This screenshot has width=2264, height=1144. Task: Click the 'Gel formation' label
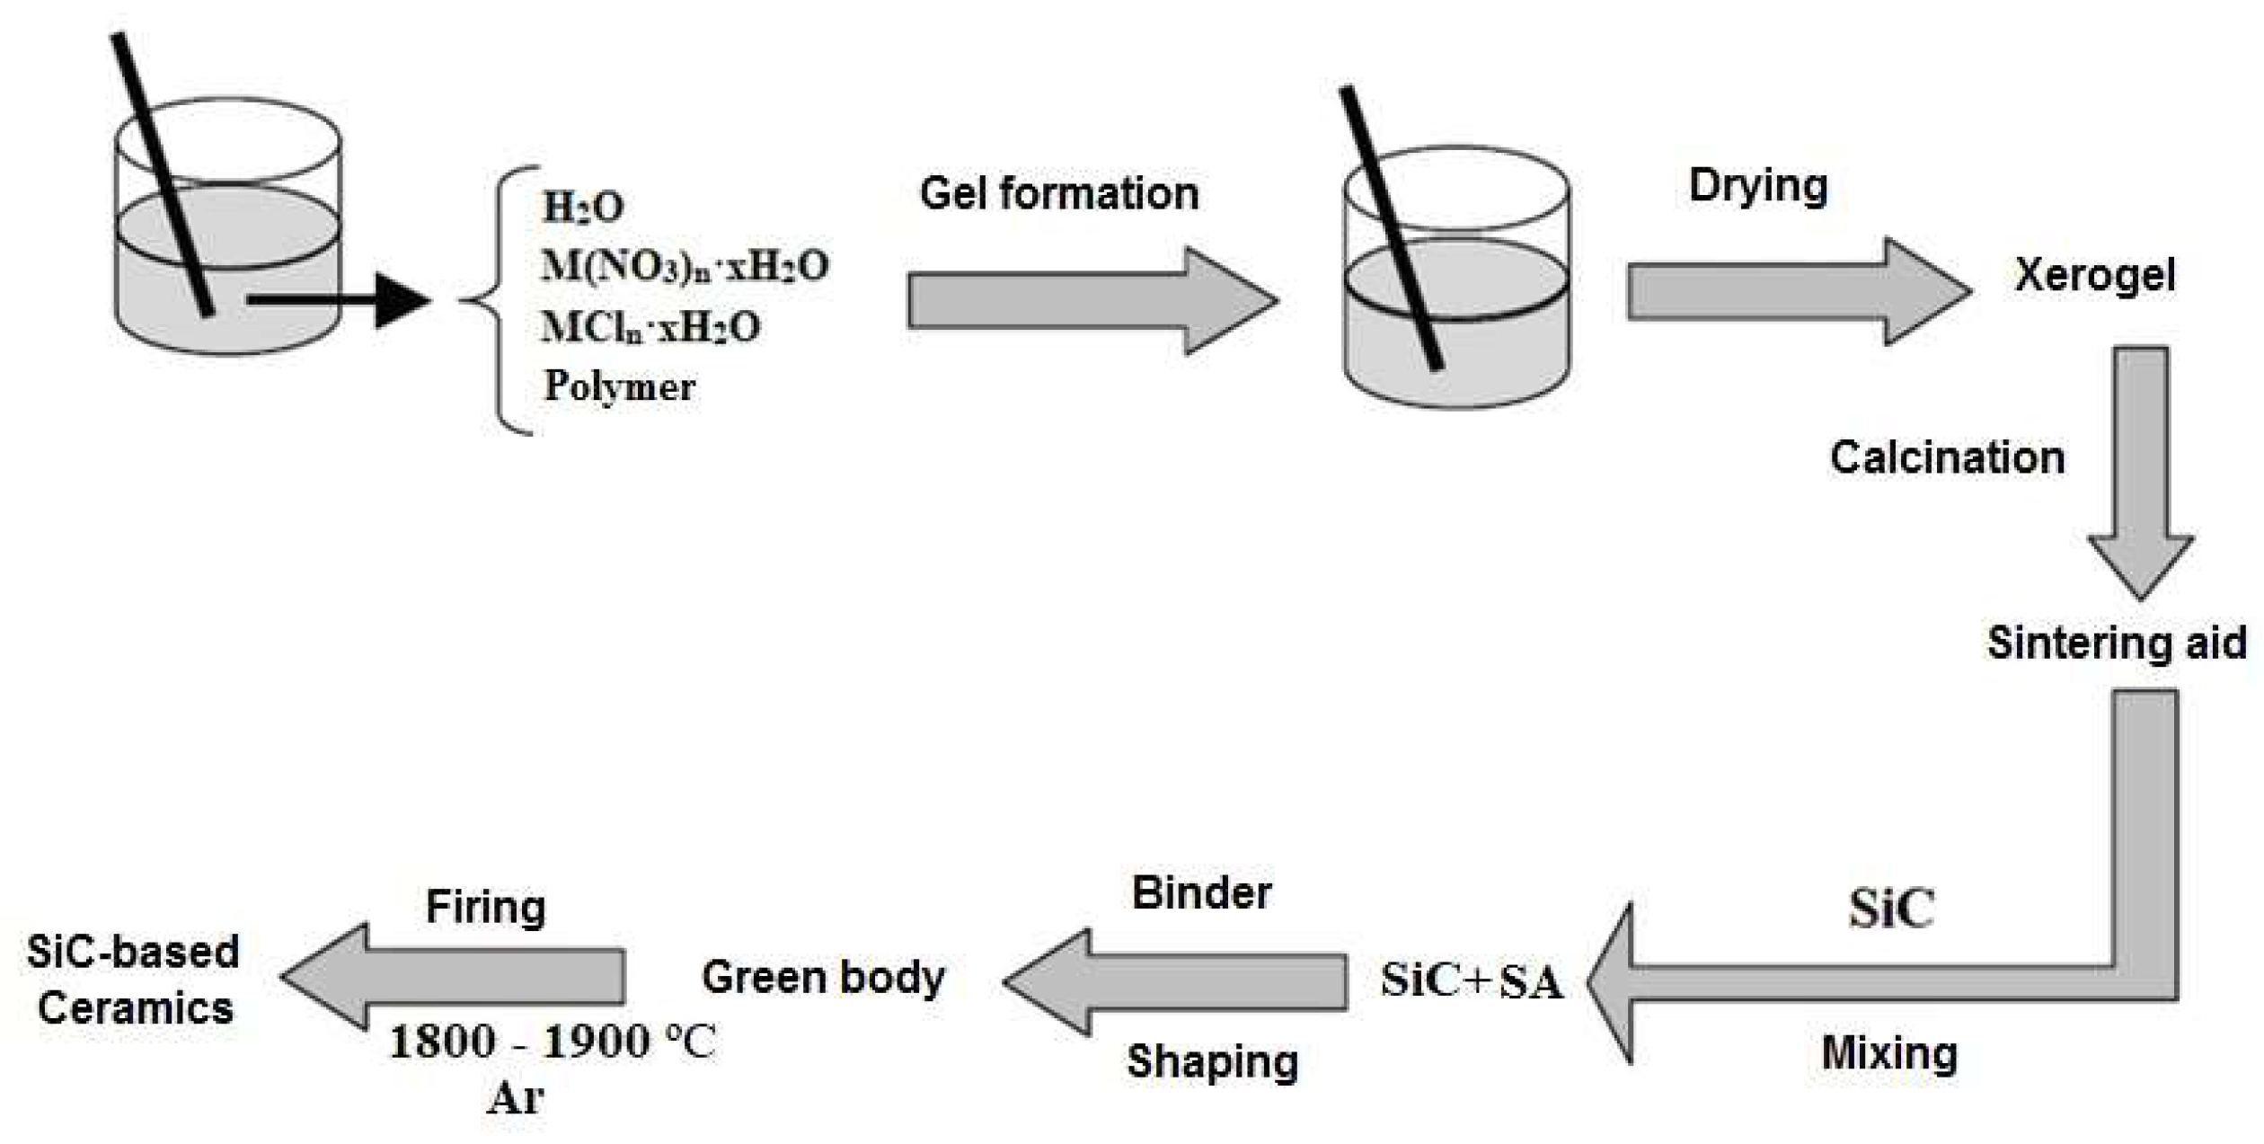(x=1059, y=194)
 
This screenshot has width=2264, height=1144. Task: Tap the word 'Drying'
(x=1758, y=186)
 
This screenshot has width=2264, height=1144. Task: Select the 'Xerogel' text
(x=2095, y=275)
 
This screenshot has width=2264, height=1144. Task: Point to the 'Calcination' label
(x=1947, y=457)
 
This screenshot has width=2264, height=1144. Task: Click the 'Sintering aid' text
(x=2117, y=643)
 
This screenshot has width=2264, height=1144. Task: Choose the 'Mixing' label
(x=1889, y=1053)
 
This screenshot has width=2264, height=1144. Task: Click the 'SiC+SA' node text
(x=1472, y=980)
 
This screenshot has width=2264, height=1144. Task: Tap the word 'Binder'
(x=1201, y=892)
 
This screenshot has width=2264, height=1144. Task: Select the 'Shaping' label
(x=1213, y=1061)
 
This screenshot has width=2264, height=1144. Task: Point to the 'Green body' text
(x=823, y=978)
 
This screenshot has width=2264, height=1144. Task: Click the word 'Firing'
(x=485, y=907)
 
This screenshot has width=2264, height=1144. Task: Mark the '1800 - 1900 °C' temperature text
(x=553, y=1042)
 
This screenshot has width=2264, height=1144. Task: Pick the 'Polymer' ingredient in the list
(x=619, y=386)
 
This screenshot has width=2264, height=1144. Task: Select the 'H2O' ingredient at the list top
(x=583, y=207)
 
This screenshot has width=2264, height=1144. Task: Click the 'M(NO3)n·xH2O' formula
(x=685, y=266)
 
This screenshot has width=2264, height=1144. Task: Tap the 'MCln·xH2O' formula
(x=650, y=327)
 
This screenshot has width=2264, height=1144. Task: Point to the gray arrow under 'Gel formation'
(x=1092, y=300)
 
